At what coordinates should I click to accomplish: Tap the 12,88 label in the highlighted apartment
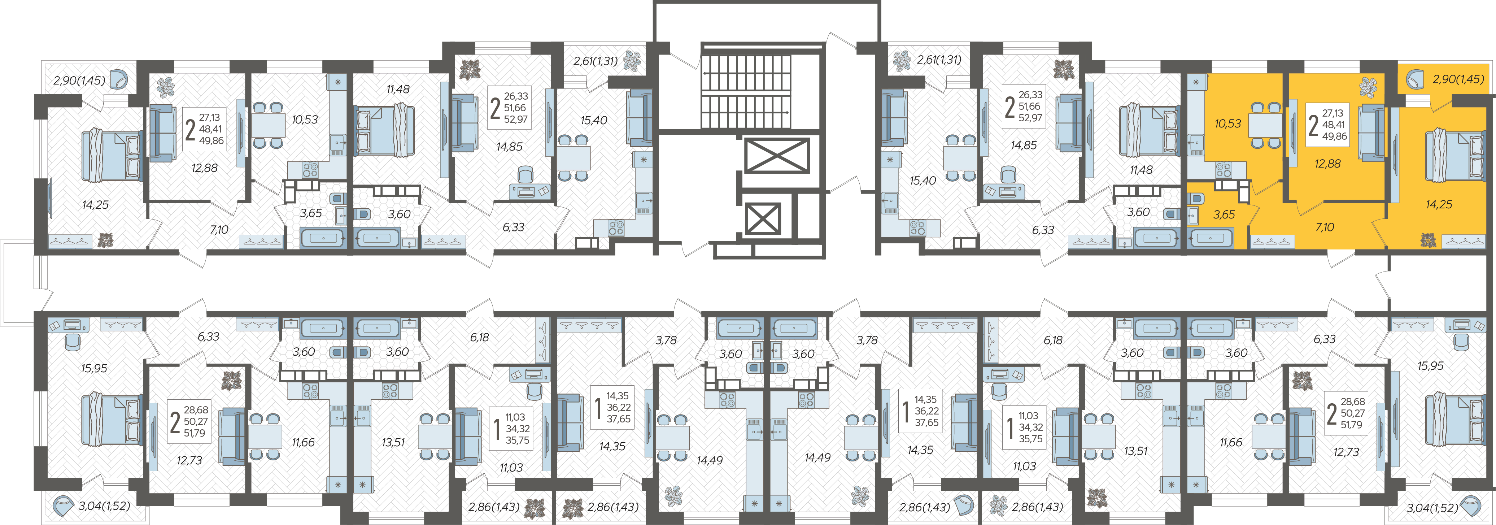click(x=1327, y=164)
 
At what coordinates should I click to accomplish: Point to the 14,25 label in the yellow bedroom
click(x=1439, y=204)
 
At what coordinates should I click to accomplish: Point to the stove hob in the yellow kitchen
click(x=1224, y=170)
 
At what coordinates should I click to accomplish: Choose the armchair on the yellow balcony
click(x=1415, y=79)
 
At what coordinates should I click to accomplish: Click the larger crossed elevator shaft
click(x=776, y=156)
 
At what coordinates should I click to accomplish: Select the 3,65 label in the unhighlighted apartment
click(x=311, y=213)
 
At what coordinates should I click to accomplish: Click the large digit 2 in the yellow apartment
click(x=1313, y=125)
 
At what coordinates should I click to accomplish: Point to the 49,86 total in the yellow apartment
click(x=1335, y=136)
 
